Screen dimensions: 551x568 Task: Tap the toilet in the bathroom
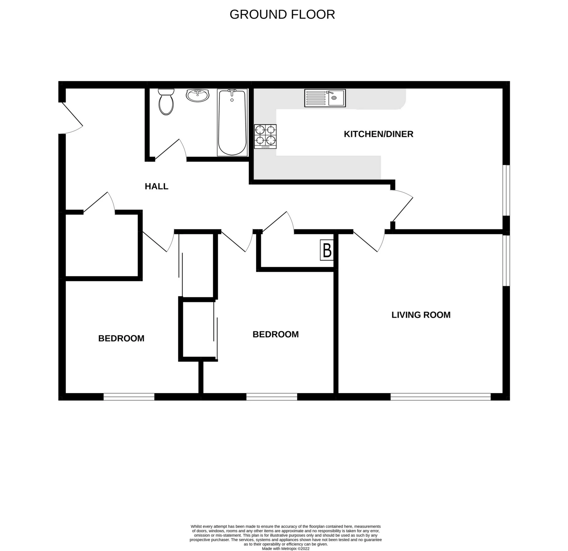pos(166,102)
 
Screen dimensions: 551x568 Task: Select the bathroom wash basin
pos(197,95)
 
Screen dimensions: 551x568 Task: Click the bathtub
pos(232,123)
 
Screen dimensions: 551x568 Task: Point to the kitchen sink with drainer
pos(325,98)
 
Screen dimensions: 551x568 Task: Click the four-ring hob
pos(265,137)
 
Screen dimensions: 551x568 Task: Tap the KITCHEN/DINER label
pos(378,134)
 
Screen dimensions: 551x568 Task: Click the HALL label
pos(157,186)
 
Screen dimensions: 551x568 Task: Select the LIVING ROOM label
pos(421,315)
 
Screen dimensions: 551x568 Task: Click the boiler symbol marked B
pos(327,250)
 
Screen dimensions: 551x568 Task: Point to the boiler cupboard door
pos(277,222)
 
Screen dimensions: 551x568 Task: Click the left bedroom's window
pos(129,397)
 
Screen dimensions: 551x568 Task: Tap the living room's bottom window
pos(440,397)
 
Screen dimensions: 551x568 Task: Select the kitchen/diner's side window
pos(506,190)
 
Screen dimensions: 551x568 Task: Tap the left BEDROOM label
pos(121,339)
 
